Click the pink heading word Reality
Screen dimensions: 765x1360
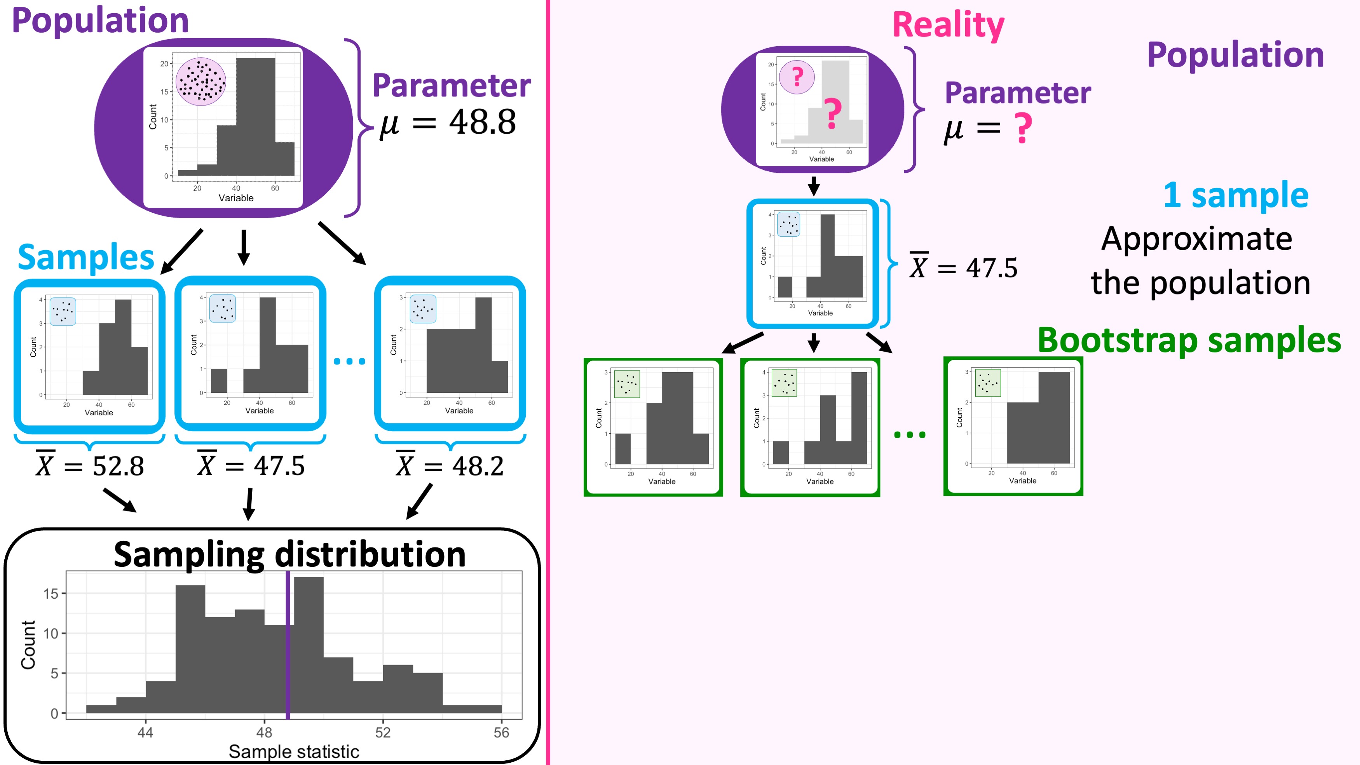coord(948,25)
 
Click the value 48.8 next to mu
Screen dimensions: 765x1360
coord(482,122)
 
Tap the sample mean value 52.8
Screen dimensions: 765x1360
coord(118,466)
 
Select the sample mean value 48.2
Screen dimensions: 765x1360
coord(478,466)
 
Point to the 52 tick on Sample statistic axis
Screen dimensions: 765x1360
coord(383,732)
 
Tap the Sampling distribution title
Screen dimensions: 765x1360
coord(289,554)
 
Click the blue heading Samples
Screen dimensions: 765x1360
coord(85,258)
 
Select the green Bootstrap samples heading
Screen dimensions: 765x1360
coord(1189,340)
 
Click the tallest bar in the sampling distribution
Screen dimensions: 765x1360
coord(309,644)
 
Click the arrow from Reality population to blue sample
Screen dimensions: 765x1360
coord(814,186)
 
